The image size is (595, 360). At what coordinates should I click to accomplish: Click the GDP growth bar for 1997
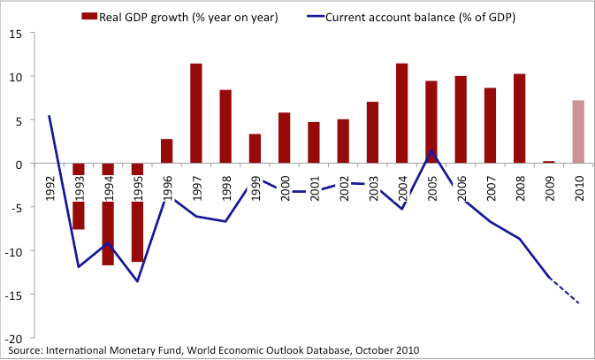click(196, 113)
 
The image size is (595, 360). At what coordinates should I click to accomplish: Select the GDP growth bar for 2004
click(401, 113)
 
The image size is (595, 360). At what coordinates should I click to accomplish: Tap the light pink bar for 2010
click(578, 132)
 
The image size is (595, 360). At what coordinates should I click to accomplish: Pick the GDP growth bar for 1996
click(166, 151)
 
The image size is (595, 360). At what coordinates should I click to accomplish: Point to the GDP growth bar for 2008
click(519, 119)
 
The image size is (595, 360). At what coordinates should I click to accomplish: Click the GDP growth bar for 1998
click(225, 126)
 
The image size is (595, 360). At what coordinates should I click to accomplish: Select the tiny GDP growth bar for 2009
click(548, 162)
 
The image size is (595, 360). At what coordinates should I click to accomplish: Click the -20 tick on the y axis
click(15, 338)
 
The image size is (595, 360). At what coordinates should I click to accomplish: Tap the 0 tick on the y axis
click(20, 164)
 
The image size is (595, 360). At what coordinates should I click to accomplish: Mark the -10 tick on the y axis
click(15, 251)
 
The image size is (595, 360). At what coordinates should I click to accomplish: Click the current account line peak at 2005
click(431, 150)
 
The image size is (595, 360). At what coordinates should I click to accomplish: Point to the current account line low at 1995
click(138, 281)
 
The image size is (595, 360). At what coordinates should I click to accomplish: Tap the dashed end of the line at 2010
click(577, 303)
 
